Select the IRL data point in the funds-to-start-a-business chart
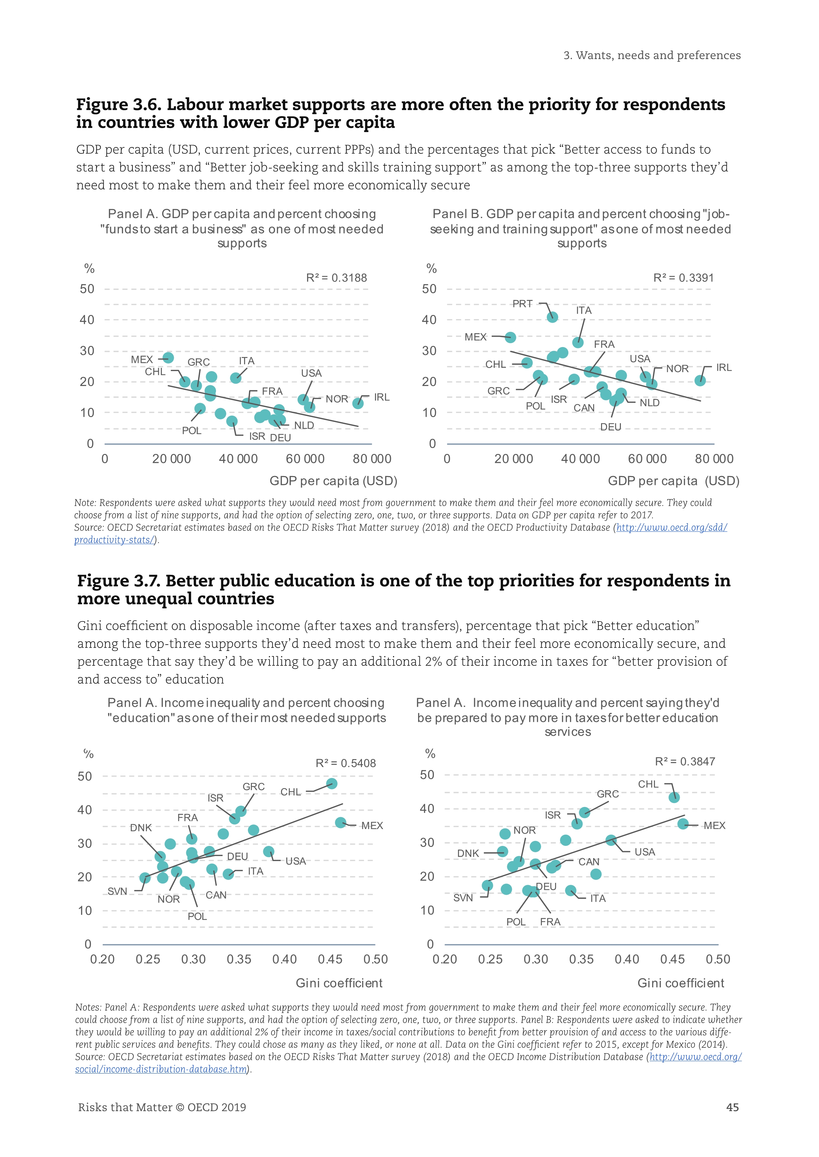pos(358,403)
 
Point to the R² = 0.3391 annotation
pos(683,278)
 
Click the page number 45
pos(732,1107)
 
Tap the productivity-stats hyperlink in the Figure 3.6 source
pos(114,540)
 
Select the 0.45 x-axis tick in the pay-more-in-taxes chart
pos(672,959)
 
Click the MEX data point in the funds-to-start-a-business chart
pos(168,358)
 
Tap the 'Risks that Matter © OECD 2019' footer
pos(162,1107)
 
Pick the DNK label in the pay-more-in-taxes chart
pos(468,853)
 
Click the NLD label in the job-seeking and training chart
pos(650,402)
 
